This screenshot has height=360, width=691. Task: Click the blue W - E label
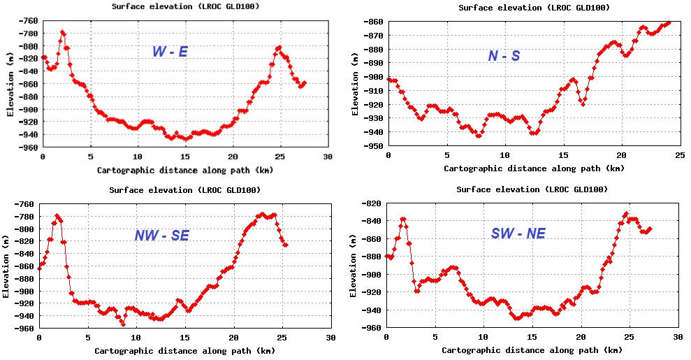[x=170, y=52]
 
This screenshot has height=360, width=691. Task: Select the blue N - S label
[x=504, y=56]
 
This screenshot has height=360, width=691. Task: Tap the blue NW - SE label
[x=162, y=236]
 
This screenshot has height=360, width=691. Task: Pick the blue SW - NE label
[x=518, y=233]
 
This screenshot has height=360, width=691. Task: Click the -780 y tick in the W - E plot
[x=29, y=34]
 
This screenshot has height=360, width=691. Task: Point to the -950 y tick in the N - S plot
[x=374, y=147]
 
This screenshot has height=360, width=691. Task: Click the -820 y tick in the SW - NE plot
[x=373, y=203]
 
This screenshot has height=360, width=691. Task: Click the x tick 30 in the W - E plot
[x=328, y=157]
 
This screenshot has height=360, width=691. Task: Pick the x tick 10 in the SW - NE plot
[x=483, y=337]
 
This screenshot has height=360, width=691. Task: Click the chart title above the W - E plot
[x=186, y=6]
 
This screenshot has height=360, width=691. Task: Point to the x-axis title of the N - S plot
[x=534, y=168]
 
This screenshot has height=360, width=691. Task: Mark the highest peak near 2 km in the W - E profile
[x=63, y=32]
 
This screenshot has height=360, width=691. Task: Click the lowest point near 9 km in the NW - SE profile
[x=123, y=324]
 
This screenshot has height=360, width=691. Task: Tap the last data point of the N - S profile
[x=669, y=22]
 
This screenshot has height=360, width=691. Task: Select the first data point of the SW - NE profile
[x=387, y=257]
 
